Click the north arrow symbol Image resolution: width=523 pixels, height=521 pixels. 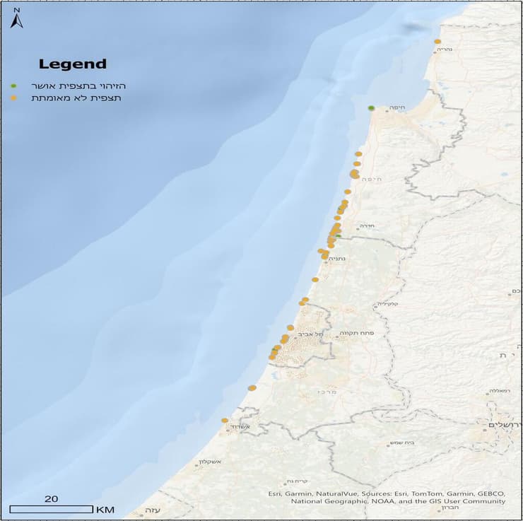(x=16, y=19)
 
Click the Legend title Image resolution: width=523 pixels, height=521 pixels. (x=72, y=64)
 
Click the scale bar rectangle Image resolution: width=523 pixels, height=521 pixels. (x=51, y=509)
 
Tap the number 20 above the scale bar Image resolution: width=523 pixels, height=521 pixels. (x=51, y=498)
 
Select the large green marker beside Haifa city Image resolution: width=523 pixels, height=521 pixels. (x=371, y=108)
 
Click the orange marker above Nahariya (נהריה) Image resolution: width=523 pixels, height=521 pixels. (x=438, y=42)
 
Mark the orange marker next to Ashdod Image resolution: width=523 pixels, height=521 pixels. (x=225, y=421)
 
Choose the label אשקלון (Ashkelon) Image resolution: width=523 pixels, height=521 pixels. (x=211, y=463)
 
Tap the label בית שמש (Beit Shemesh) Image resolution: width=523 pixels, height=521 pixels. (x=399, y=444)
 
